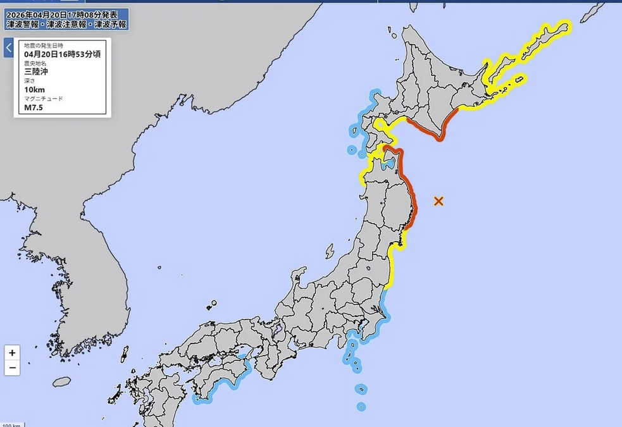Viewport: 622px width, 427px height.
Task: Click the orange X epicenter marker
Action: point(439,201)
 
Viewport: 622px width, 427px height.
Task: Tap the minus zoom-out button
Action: point(12,368)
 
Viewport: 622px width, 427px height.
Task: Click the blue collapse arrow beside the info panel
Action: point(9,47)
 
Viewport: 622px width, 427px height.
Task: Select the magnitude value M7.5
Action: point(34,107)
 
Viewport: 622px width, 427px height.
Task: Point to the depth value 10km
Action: point(34,89)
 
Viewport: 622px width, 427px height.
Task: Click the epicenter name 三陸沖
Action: point(36,71)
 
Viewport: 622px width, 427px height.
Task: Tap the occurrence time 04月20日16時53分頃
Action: point(62,54)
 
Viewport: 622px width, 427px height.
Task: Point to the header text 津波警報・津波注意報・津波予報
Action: point(66,24)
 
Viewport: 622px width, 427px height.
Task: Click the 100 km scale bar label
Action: point(11,424)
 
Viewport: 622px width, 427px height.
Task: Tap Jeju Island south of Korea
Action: point(61,382)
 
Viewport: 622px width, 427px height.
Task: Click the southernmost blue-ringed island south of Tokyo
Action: point(361,406)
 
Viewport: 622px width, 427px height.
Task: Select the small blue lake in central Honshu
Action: point(276,329)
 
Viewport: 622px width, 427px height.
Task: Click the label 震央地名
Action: point(35,63)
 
